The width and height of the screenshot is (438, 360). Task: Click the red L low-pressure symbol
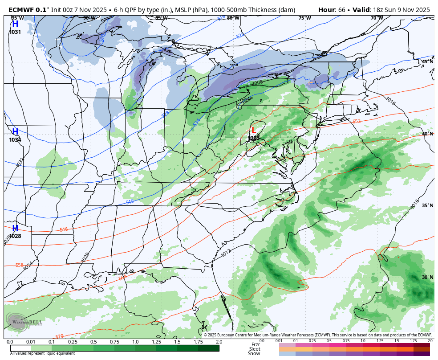[253, 131]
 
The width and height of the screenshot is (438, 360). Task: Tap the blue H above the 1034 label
[15, 132]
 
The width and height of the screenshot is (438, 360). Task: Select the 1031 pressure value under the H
[15, 32]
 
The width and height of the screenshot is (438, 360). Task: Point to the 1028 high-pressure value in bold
[15, 236]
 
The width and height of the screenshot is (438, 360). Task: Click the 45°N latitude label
[427, 61]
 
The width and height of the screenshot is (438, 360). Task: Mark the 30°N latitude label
[427, 277]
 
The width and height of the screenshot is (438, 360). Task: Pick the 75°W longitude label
[304, 18]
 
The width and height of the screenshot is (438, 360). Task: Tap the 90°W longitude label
[89, 18]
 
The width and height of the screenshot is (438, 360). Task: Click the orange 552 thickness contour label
[357, 121]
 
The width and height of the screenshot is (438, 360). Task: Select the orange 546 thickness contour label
[64, 229]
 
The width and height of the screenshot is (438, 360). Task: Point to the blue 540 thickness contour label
[130, 202]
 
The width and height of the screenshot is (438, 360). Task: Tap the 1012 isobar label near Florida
[226, 253]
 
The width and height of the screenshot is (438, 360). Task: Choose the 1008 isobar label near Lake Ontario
[257, 83]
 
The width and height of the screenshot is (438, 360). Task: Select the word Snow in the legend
[254, 354]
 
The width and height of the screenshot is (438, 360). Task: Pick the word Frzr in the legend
[255, 344]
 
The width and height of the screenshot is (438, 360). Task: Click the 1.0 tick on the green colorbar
[135, 342]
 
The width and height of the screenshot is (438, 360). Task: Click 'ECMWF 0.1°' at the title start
[29, 10]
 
